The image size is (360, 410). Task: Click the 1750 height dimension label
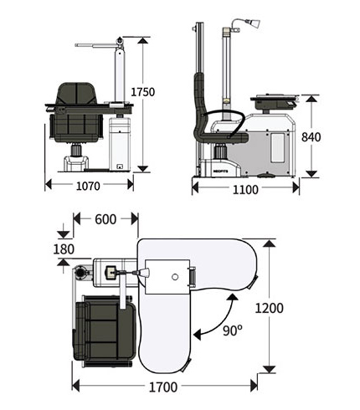click(x=142, y=92)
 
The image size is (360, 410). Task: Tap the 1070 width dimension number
click(x=88, y=186)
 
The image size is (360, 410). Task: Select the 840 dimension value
click(x=311, y=137)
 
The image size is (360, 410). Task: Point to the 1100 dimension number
click(x=245, y=190)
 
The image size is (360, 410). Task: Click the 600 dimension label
click(x=105, y=219)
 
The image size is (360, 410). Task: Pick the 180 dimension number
click(x=64, y=249)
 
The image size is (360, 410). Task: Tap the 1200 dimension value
click(x=270, y=308)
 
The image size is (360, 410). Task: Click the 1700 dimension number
click(x=163, y=387)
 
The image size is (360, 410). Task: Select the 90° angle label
click(x=233, y=331)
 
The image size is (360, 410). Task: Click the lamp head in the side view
click(x=255, y=23)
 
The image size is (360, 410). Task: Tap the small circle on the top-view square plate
click(x=175, y=277)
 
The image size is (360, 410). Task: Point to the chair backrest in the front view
click(x=76, y=94)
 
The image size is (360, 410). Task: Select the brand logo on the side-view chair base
click(x=220, y=171)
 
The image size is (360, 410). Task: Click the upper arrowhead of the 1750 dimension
click(x=142, y=40)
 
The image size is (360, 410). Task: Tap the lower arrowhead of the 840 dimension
click(x=311, y=174)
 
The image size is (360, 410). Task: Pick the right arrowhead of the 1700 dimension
click(x=254, y=386)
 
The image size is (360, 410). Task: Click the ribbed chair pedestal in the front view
click(x=76, y=150)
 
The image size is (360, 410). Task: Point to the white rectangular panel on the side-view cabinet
click(x=278, y=148)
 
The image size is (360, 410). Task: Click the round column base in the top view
click(x=81, y=272)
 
